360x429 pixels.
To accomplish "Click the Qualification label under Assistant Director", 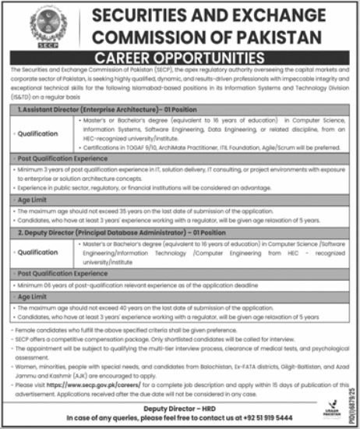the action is pyautogui.click(x=37, y=134).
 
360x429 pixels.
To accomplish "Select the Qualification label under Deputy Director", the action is pyautogui.click(x=37, y=252).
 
